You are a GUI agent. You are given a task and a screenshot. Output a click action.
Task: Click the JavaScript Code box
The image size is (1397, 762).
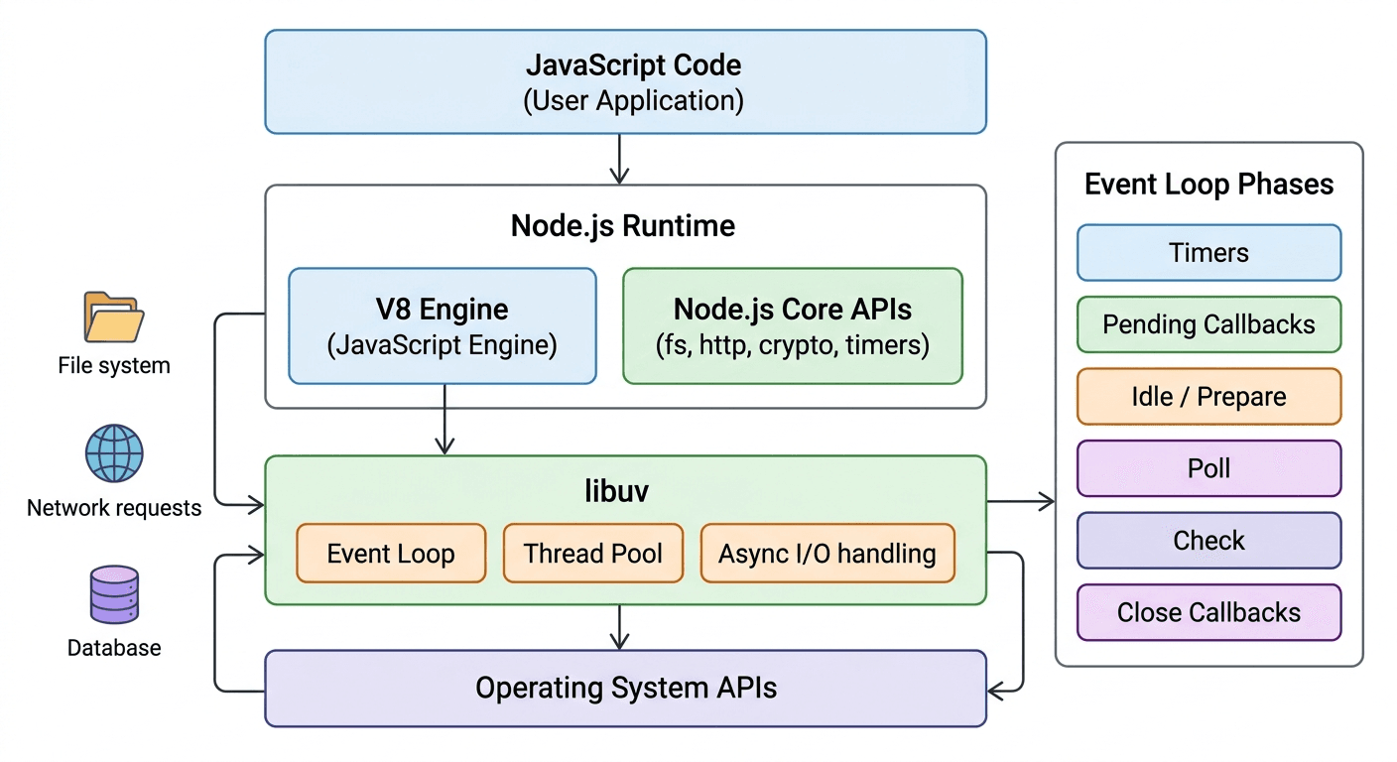(625, 81)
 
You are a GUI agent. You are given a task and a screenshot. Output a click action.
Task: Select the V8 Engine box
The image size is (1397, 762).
(443, 325)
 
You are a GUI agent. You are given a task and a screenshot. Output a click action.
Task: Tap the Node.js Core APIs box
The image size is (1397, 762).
(792, 325)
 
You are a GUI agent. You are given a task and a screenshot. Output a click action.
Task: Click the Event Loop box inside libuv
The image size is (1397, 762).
(391, 553)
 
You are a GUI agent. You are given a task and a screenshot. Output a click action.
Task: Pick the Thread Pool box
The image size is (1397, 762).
(592, 553)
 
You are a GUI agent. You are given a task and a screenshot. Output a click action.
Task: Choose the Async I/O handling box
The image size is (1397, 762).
(827, 553)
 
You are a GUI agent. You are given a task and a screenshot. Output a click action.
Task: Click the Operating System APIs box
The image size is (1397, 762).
(625, 688)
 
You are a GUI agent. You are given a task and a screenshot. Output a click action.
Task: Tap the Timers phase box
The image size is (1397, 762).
(1208, 252)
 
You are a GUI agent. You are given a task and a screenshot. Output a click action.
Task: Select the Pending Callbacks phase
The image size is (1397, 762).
(1208, 324)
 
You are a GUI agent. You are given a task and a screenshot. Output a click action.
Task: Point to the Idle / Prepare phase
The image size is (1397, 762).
(1208, 397)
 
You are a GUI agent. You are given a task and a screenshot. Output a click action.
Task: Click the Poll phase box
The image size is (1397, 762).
(1208, 468)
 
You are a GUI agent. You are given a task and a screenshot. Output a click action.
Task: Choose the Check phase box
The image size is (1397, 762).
(1208, 541)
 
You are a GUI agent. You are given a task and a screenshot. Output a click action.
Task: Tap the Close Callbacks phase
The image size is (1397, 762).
(1208, 612)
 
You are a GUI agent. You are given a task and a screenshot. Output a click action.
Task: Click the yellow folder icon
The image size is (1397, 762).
(113, 317)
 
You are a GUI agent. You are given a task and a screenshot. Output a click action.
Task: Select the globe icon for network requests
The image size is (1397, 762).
(114, 453)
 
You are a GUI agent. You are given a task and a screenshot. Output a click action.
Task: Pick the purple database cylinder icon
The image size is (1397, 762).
(114, 595)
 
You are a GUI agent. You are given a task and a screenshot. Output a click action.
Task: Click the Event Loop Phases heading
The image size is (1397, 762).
(1208, 185)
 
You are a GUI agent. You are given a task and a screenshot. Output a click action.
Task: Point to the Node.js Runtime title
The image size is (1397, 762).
(623, 225)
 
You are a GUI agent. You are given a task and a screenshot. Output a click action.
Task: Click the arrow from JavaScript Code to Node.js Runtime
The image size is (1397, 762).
(619, 159)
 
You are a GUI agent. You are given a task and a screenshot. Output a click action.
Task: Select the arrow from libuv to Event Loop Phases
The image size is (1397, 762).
(1020, 502)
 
